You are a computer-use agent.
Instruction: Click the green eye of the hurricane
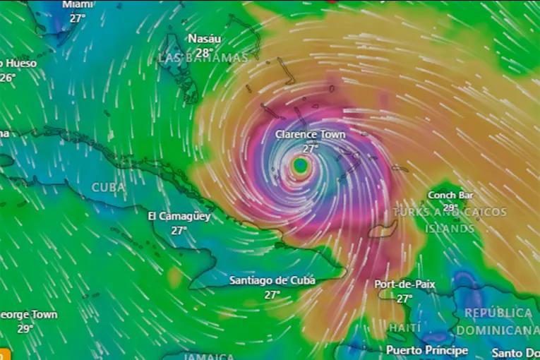[x=301, y=165]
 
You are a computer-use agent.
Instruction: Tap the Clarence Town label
[x=311, y=133]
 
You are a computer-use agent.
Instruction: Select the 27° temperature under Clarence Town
[x=311, y=148]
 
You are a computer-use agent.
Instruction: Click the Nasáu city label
[x=203, y=39]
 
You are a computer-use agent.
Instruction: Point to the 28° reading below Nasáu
[x=203, y=53]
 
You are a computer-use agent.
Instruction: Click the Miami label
[x=78, y=4]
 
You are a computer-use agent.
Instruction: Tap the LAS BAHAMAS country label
[x=203, y=58]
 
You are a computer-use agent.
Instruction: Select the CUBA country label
[x=109, y=188]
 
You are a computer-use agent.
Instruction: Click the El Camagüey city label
[x=179, y=216]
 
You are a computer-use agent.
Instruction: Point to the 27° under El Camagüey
[x=179, y=230]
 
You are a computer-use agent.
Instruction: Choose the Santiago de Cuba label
[x=272, y=280]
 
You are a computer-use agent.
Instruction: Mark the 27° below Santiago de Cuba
[x=272, y=294]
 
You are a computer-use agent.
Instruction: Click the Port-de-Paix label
[x=404, y=284]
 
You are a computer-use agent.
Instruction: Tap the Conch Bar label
[x=451, y=195]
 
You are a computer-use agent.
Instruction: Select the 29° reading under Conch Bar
[x=451, y=208]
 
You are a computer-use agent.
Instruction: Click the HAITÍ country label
[x=404, y=328]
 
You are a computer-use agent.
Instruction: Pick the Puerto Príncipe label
[x=426, y=349]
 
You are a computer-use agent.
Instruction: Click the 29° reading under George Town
[x=25, y=328]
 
